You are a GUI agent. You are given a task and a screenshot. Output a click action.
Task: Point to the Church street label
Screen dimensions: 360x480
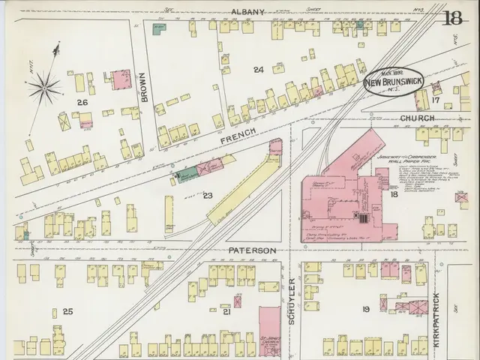coord(417,118)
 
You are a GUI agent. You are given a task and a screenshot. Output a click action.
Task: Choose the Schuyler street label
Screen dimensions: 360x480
coord(292,301)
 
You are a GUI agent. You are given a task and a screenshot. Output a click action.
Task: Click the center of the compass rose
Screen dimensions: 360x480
coord(46,89)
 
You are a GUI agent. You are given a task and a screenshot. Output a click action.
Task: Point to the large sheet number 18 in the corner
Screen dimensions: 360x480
coord(452,18)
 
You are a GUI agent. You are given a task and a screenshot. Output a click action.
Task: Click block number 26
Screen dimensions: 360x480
coord(82,100)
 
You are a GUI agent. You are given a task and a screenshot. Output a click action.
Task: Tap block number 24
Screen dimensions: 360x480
coord(259,70)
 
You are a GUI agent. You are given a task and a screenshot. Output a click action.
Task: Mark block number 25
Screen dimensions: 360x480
coord(68,311)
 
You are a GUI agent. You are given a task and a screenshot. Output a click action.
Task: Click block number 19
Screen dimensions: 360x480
coord(366,309)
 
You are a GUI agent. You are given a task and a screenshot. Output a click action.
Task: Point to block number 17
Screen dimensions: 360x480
coord(435,100)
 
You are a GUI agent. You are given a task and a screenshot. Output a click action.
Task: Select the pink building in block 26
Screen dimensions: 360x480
coord(120,78)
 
